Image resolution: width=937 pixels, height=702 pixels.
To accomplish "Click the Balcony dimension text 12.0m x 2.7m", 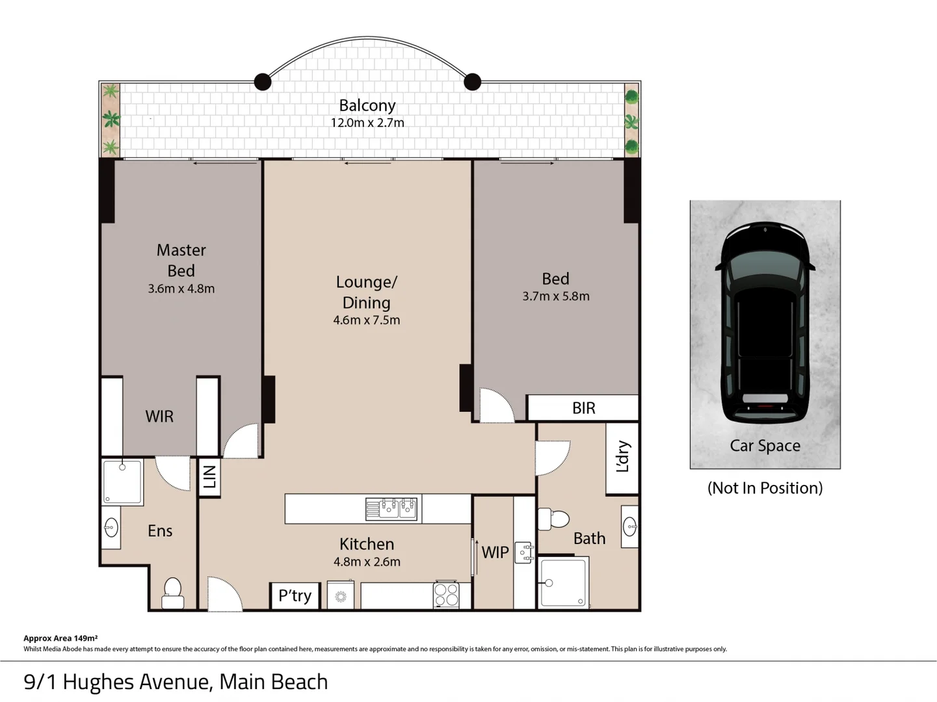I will tap(367, 123).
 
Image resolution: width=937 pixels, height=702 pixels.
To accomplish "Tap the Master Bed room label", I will tap(181, 260).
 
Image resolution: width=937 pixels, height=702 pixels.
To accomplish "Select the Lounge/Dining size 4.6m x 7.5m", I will tap(367, 320).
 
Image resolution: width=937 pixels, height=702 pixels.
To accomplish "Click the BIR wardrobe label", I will tap(583, 408).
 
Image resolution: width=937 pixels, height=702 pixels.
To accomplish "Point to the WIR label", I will tap(159, 417).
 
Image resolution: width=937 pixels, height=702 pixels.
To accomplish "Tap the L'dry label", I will tap(622, 456).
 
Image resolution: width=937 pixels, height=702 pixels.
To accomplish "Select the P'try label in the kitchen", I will tap(295, 595).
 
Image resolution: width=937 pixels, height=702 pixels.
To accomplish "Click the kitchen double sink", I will tap(391, 508).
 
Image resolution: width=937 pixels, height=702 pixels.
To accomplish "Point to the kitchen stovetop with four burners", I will tap(446, 595).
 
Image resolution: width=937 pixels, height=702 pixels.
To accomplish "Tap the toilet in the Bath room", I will tap(553, 519).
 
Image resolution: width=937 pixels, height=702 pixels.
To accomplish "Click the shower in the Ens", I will tap(122, 482).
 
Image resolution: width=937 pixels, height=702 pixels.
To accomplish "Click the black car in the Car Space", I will tap(765, 322).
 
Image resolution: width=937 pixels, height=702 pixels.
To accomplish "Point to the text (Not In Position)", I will tap(765, 488).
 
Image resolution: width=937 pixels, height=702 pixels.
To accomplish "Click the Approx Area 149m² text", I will tap(60, 638).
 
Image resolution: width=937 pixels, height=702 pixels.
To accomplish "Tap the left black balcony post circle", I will tap(263, 82).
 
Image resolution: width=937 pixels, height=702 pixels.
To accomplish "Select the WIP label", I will tap(495, 552).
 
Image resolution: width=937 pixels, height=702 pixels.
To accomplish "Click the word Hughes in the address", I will tap(99, 682).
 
